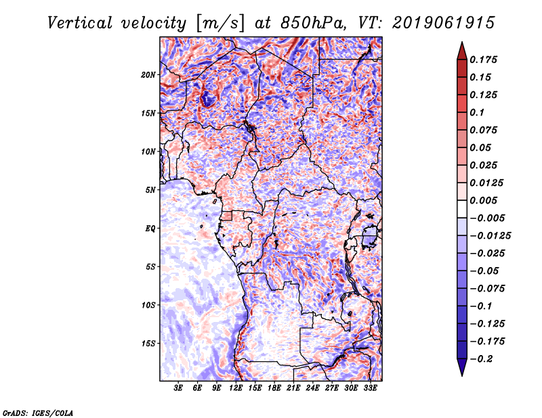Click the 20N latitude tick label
click(148, 75)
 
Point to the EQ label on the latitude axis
click(150, 229)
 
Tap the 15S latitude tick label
click(148, 344)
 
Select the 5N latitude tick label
click(150, 190)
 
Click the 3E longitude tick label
click(178, 388)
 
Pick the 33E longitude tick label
click(370, 388)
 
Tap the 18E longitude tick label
click(274, 388)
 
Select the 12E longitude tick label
click(236, 388)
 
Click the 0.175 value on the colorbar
click(483, 60)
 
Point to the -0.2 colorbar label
click(482, 359)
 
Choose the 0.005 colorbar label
click(483, 200)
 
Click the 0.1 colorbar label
click(477, 112)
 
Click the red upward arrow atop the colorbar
click(462, 51)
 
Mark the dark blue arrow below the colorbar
click(462, 367)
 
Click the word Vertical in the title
click(80, 23)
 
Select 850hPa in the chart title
click(313, 23)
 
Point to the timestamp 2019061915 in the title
click(444, 23)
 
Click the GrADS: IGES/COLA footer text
click(38, 413)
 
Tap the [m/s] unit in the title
click(220, 24)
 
